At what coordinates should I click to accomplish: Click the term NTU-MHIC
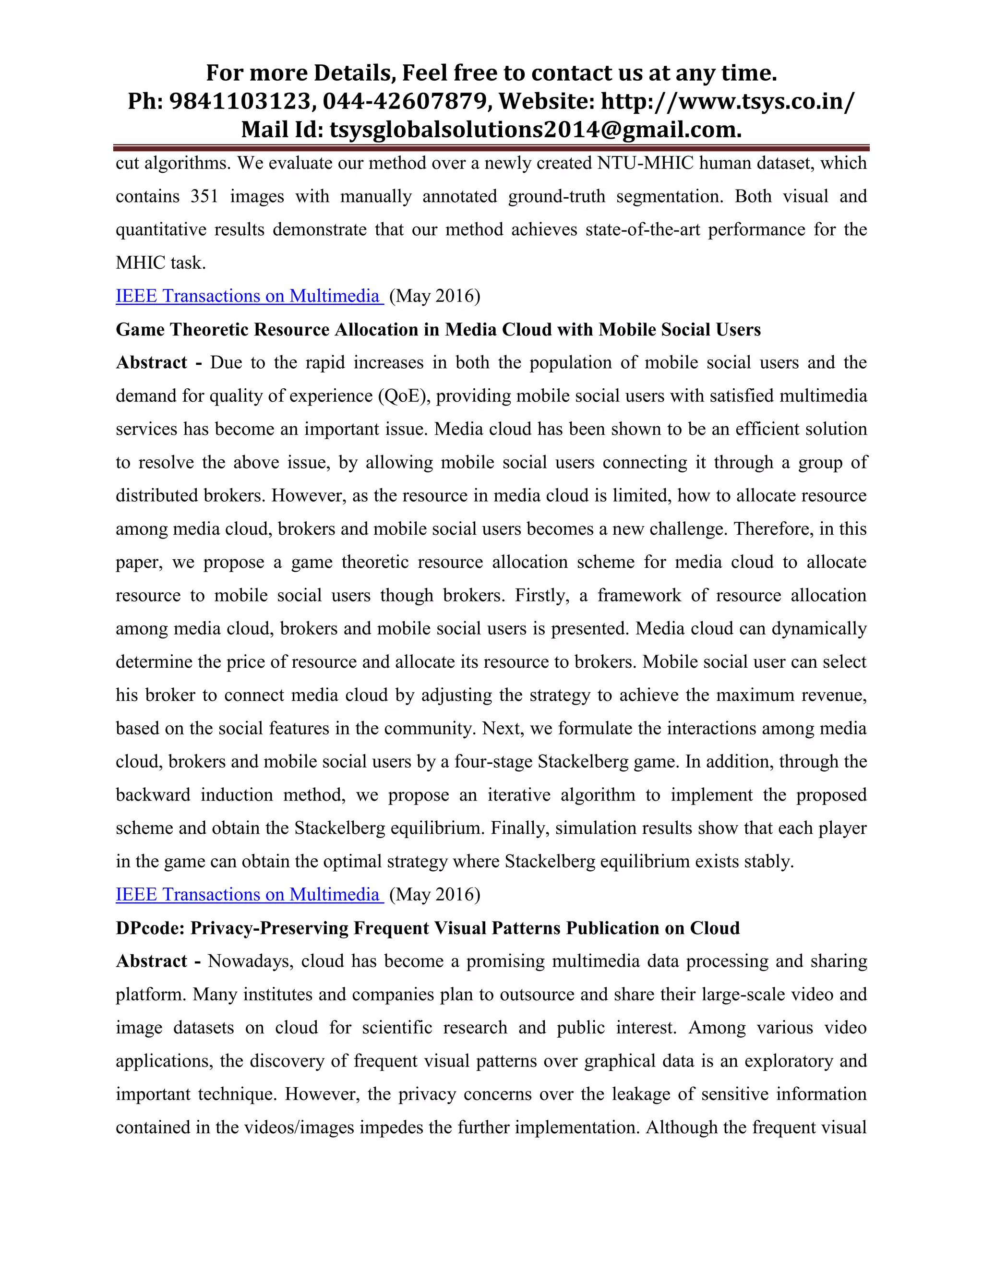coord(645,163)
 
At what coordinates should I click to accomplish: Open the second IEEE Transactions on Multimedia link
coord(248,895)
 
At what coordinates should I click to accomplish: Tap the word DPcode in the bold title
coord(150,928)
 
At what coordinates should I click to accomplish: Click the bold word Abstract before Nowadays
coord(151,961)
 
